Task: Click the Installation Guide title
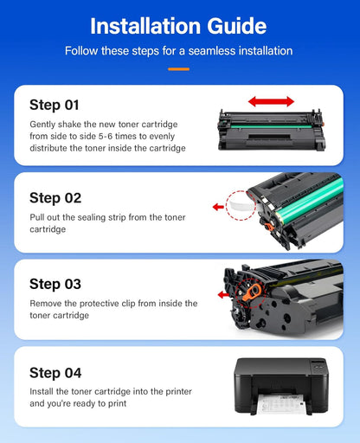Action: tap(179, 24)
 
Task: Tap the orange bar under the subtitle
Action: tap(179, 67)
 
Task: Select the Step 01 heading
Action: tap(55, 105)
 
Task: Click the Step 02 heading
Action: tap(55, 197)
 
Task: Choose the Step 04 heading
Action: tap(55, 373)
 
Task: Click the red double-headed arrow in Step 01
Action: tap(271, 102)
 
